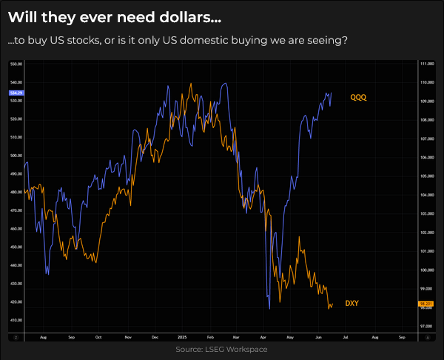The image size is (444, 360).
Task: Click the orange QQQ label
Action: (x=358, y=97)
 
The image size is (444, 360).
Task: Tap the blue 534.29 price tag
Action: (x=16, y=93)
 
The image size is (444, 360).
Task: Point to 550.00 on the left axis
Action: (x=16, y=64)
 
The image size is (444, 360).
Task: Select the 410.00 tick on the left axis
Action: (x=16, y=320)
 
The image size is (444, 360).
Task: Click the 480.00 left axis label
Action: (x=16, y=193)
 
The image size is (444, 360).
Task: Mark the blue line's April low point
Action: (x=269, y=308)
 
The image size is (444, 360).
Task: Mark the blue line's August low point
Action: (x=48, y=274)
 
